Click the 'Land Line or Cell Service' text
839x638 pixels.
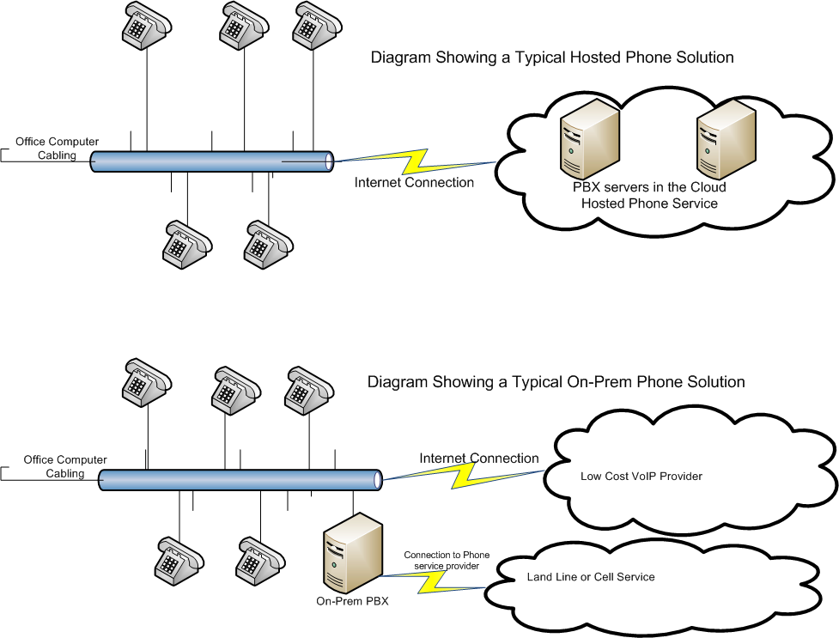591,577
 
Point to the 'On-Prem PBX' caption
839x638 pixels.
353,601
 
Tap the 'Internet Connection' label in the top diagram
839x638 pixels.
414,183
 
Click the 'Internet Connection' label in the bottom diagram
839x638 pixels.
479,459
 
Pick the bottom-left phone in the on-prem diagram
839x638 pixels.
179,560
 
